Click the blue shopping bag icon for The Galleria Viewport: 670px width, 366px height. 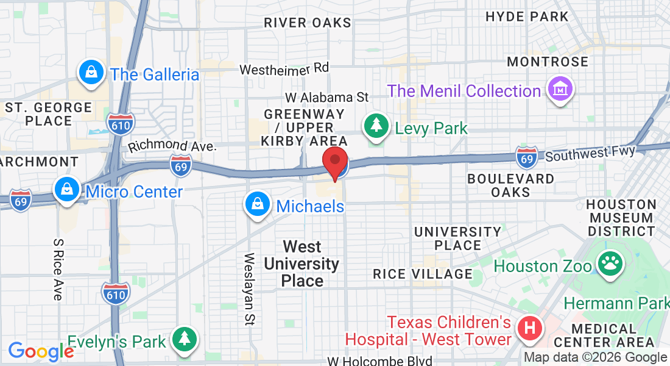coord(91,73)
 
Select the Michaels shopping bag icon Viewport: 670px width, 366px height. coord(258,204)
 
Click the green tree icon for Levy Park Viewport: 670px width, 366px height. coord(376,126)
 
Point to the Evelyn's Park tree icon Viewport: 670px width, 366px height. coord(183,339)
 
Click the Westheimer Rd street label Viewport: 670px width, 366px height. coord(284,68)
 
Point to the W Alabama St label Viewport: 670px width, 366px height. coord(328,97)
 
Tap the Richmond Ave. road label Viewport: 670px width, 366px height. coord(172,146)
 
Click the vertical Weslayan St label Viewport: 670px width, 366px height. coord(249,288)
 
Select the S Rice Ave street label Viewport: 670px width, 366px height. coord(58,268)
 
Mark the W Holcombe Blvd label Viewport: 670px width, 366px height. coord(379,361)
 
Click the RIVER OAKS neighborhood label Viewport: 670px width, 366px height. coord(308,23)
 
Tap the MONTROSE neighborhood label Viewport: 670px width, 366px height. coord(548,62)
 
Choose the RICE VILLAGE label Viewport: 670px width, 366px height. coord(423,274)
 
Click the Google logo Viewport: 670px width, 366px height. coord(41,351)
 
